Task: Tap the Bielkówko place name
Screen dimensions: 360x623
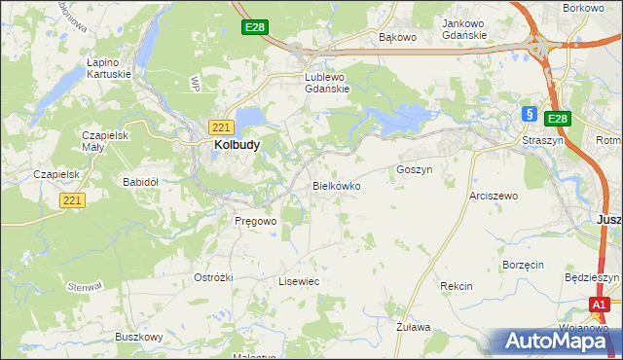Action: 336,184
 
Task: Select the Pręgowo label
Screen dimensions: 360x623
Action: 256,221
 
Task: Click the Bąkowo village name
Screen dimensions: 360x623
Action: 397,38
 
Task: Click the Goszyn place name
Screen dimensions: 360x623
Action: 414,169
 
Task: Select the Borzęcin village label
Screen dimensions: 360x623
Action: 523,265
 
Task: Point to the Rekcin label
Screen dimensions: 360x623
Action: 456,286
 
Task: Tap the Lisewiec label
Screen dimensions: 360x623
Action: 299,280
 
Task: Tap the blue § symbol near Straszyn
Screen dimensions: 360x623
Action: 530,113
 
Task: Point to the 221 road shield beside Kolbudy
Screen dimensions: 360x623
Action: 220,126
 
